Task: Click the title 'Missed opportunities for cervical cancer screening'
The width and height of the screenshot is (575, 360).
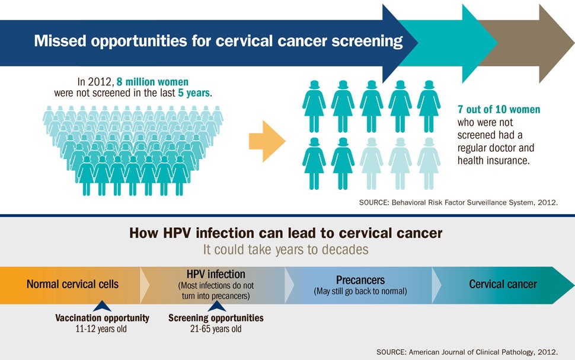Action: (218, 42)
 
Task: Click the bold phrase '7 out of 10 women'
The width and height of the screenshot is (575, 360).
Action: (499, 110)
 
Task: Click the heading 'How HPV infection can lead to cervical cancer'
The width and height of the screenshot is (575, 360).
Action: (286, 233)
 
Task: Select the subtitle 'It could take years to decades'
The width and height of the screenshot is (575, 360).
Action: (286, 249)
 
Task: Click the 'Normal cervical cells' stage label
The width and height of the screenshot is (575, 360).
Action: (72, 284)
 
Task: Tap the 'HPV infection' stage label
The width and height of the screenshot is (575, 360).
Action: (215, 274)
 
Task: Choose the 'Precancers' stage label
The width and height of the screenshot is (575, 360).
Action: (360, 279)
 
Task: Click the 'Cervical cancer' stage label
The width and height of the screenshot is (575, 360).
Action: (503, 284)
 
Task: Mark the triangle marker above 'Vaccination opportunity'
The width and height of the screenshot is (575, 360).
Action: (102, 306)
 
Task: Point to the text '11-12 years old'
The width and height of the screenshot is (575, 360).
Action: (102, 329)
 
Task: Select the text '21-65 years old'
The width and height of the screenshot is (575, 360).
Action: (216, 329)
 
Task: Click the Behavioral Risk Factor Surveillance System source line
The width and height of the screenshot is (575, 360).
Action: (458, 202)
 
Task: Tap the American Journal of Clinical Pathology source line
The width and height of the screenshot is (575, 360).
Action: (467, 351)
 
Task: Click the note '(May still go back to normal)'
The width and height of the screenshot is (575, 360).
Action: (360, 291)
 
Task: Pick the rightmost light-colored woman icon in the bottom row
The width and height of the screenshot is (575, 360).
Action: (429, 160)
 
